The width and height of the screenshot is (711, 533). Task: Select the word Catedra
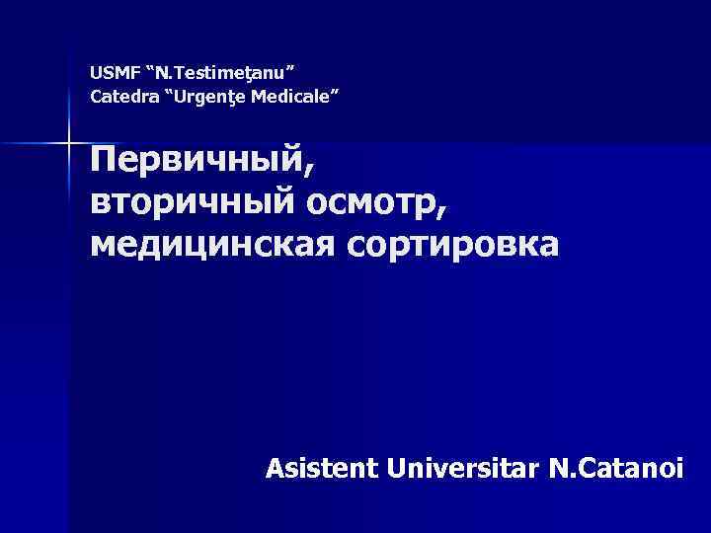[117, 97]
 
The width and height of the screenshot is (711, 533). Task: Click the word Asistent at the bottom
[321, 468]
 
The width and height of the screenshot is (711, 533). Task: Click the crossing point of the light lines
[68, 143]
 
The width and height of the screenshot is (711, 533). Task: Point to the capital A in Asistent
[276, 468]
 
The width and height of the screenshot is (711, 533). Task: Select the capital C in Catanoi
[580, 468]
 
